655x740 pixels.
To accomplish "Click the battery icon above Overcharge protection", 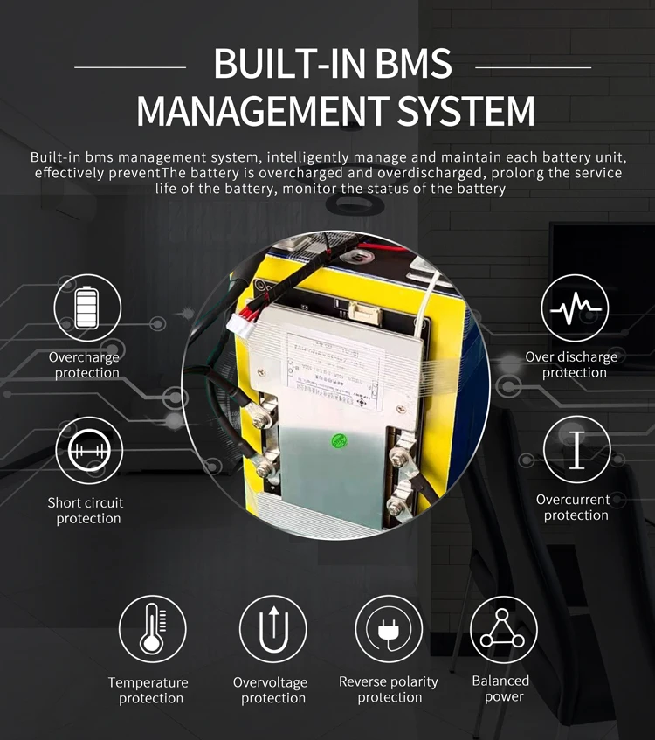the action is point(87,308).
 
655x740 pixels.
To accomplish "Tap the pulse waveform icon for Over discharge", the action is point(574,308).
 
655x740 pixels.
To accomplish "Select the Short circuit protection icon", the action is point(89,452).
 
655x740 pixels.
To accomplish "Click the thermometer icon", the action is point(152,629).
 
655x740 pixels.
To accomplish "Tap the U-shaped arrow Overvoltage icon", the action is point(272,629).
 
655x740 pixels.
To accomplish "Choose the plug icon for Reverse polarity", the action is point(389,629).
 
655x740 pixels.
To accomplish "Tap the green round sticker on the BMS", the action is point(334,441).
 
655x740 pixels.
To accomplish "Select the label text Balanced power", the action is point(501,688).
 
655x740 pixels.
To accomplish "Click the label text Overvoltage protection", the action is point(272,690).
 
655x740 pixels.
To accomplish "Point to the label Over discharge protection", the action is point(573,364).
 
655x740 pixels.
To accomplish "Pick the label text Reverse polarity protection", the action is point(389,689).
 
